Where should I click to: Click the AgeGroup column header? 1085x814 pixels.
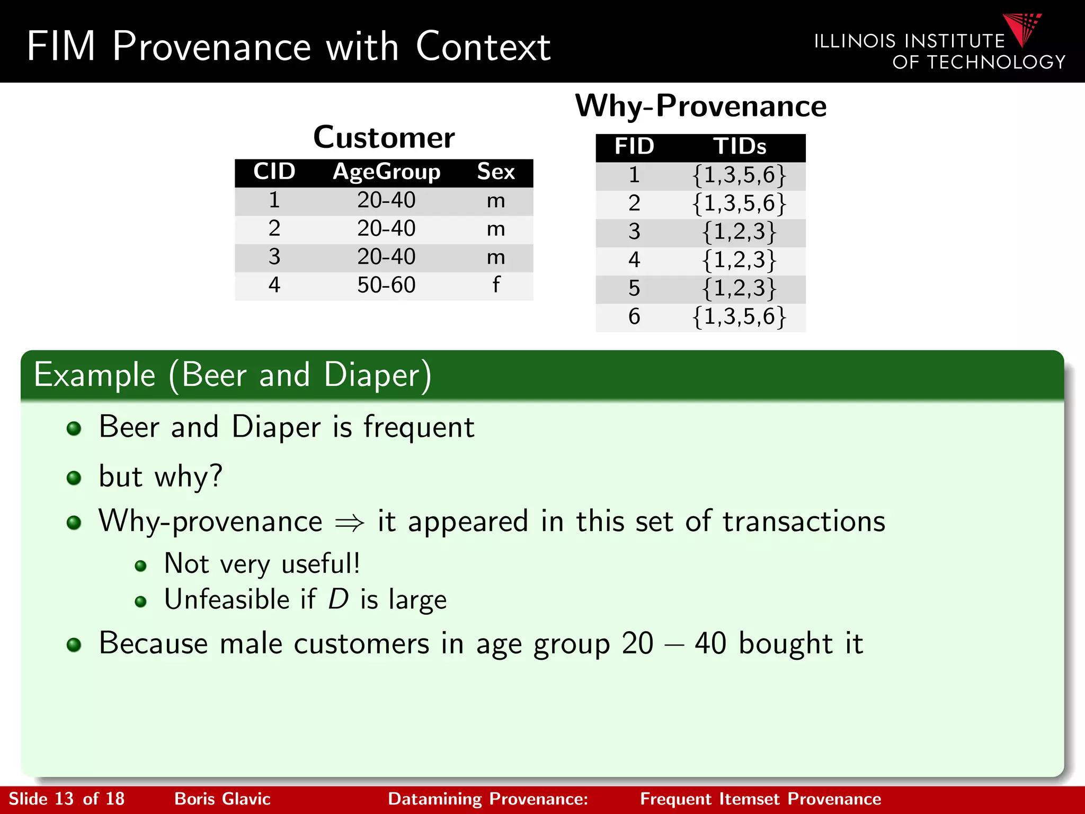pos(386,172)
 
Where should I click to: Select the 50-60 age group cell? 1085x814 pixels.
pos(386,285)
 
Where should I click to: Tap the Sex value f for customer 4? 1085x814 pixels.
pos(496,285)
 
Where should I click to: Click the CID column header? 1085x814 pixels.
pos(274,172)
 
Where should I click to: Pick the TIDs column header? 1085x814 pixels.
pos(740,146)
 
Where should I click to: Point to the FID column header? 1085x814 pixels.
pos(634,146)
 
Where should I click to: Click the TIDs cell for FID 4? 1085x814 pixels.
pos(740,260)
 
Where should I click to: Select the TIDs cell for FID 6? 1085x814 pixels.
pos(740,316)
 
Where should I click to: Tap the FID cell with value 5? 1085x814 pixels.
pos(634,288)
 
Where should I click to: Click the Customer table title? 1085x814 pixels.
pos(384,137)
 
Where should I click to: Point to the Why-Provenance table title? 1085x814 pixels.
pos(700,105)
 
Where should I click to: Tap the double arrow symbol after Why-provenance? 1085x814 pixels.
pos(350,523)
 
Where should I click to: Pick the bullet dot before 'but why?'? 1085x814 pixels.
pos(74,478)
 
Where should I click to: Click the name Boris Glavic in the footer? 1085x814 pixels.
pos(223,799)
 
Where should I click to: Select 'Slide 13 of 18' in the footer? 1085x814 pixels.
pos(67,799)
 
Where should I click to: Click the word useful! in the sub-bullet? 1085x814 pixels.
pos(321,563)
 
